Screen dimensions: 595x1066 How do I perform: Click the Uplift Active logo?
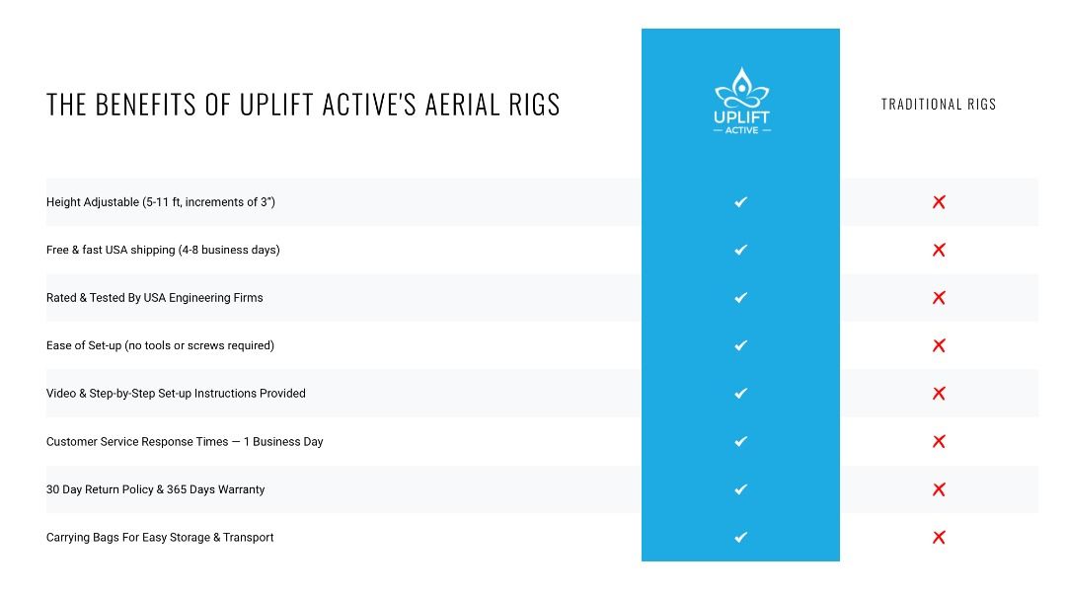point(741,101)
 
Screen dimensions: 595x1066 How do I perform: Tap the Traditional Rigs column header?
point(939,104)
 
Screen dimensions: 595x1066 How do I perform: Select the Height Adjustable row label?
point(161,202)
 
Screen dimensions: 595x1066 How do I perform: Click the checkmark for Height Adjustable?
point(741,202)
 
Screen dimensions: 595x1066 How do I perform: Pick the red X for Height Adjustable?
point(939,202)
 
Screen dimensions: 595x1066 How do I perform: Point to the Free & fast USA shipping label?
point(163,250)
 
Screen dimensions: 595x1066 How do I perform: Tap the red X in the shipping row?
point(939,250)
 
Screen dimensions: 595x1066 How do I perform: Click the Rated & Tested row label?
point(155,298)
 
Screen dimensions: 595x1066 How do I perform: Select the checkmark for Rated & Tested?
point(741,298)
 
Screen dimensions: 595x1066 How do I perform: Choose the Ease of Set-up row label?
point(160,345)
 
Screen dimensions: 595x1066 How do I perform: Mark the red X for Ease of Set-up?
point(939,345)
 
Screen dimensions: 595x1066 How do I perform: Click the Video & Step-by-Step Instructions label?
point(176,394)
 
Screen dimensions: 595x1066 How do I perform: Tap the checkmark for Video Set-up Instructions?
point(741,394)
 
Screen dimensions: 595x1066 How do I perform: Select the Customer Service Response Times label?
point(185,442)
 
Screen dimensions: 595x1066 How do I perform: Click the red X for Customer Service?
point(939,442)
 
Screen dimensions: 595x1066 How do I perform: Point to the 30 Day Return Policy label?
point(156,489)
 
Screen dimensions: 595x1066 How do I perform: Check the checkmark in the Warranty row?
point(741,489)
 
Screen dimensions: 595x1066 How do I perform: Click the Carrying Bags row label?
point(160,538)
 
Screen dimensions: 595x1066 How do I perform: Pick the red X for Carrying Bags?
point(939,538)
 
